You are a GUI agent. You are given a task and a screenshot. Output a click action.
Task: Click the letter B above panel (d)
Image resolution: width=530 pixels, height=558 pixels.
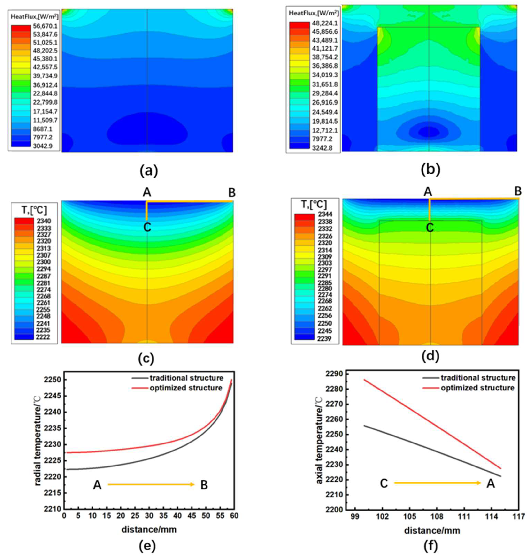pos(518,192)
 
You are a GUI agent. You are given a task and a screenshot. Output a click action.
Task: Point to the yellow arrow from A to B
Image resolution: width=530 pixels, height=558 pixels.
pos(151,485)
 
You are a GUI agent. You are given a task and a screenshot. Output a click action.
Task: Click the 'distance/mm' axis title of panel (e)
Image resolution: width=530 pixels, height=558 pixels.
pos(149,529)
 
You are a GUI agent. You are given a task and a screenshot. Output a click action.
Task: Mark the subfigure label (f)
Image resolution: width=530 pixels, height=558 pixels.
pos(430,546)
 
